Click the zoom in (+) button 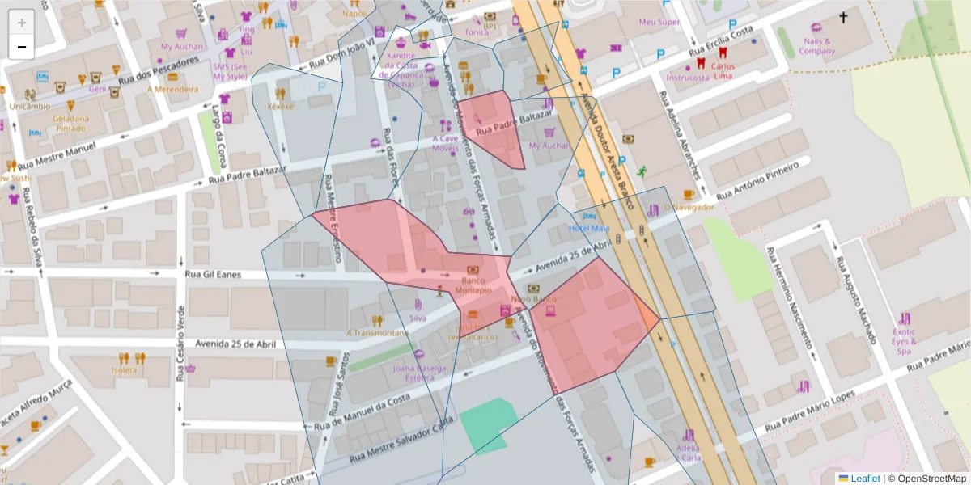tap(22, 23)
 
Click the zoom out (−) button tap(22, 47)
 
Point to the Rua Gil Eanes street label tap(214, 275)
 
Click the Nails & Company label tap(816, 46)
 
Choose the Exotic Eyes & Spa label tap(904, 341)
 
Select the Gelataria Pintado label tap(70, 123)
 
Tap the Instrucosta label tap(687, 78)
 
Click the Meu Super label tap(659, 23)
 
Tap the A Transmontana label tap(377, 332)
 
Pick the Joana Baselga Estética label tap(420, 373)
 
